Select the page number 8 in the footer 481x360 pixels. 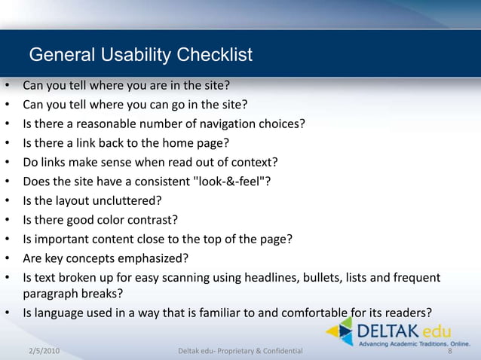[450, 351]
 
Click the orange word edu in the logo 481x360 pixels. [437, 330]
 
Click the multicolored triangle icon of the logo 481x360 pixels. [341, 331]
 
